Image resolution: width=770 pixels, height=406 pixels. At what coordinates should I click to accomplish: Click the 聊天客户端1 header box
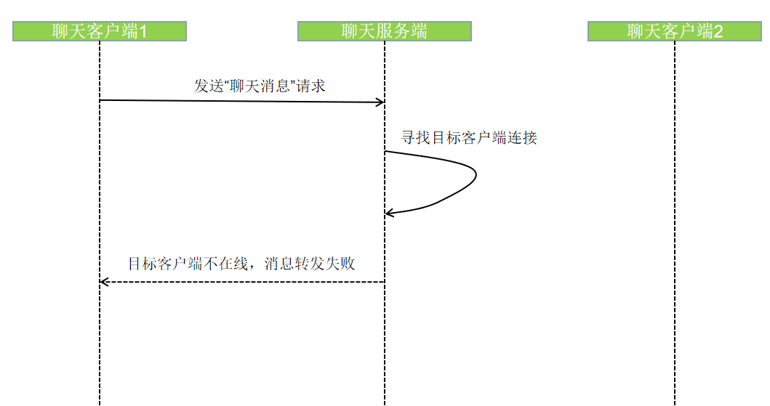pos(100,31)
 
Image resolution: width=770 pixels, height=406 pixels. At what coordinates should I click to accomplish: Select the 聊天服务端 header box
pos(385,31)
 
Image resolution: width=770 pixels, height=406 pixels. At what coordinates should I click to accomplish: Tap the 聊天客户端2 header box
pos(675,31)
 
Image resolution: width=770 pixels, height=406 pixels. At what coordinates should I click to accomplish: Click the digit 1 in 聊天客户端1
pos(143,31)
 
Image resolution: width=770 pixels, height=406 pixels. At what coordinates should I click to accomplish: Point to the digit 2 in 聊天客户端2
pos(718,31)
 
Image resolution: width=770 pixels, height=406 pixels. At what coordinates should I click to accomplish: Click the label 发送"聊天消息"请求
pos(260,86)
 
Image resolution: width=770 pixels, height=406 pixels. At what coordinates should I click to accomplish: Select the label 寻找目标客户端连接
pos(469,137)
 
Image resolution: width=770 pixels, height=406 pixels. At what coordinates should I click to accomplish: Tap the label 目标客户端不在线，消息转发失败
pos(241,263)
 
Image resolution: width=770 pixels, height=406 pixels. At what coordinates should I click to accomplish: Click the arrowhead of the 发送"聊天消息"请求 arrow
pos(380,102)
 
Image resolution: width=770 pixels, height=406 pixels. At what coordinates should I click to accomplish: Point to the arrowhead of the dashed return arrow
pos(103,282)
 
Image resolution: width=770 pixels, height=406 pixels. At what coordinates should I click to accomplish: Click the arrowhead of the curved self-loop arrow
pos(389,213)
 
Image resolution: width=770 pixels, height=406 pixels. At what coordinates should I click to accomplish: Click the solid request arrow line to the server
pos(240,101)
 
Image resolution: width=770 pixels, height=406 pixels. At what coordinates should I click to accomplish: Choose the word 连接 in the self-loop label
pos(524,137)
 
